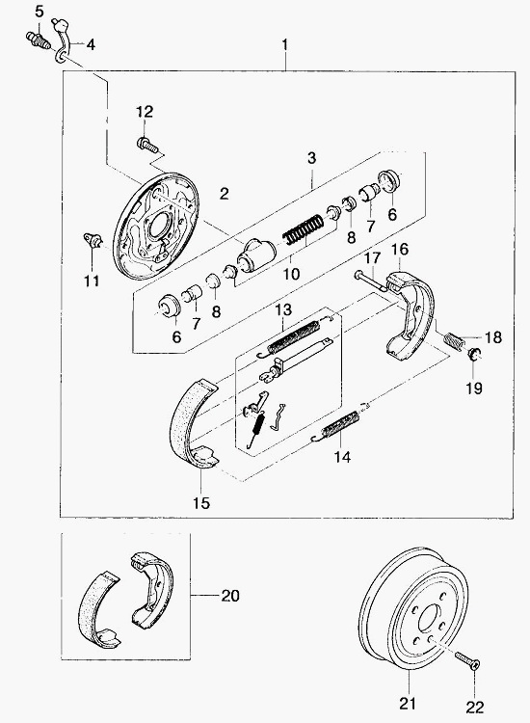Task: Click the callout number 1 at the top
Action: (x=285, y=44)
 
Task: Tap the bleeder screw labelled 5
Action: (x=38, y=40)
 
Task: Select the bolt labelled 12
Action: (x=147, y=145)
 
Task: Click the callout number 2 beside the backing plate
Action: (x=224, y=193)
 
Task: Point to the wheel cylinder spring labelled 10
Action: (x=303, y=229)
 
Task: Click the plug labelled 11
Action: (x=93, y=240)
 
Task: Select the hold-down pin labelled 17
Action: (x=371, y=281)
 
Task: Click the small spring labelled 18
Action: (x=454, y=340)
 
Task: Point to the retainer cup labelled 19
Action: (x=473, y=355)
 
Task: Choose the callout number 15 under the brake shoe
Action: (x=201, y=502)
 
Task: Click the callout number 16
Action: (x=400, y=250)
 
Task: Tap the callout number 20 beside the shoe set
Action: (x=230, y=596)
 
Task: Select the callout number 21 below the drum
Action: (x=408, y=704)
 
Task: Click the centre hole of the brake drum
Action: (x=429, y=621)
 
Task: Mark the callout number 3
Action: (x=312, y=158)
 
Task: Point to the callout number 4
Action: (x=91, y=44)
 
